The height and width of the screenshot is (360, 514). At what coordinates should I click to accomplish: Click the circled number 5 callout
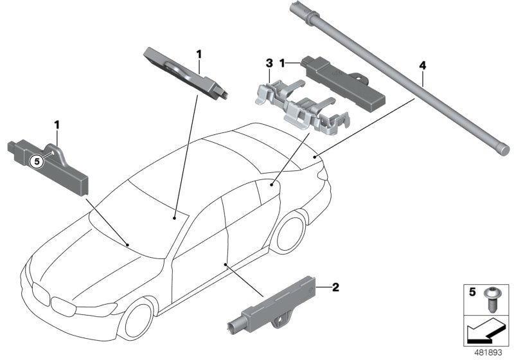37,162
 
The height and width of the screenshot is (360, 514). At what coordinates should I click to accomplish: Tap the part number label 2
335,287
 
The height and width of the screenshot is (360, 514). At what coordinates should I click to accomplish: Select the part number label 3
269,64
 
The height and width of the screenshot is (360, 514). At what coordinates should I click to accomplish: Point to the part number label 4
422,66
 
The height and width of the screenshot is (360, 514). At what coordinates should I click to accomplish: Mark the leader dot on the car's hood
128,245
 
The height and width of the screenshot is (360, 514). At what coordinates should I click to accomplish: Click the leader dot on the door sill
226,264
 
